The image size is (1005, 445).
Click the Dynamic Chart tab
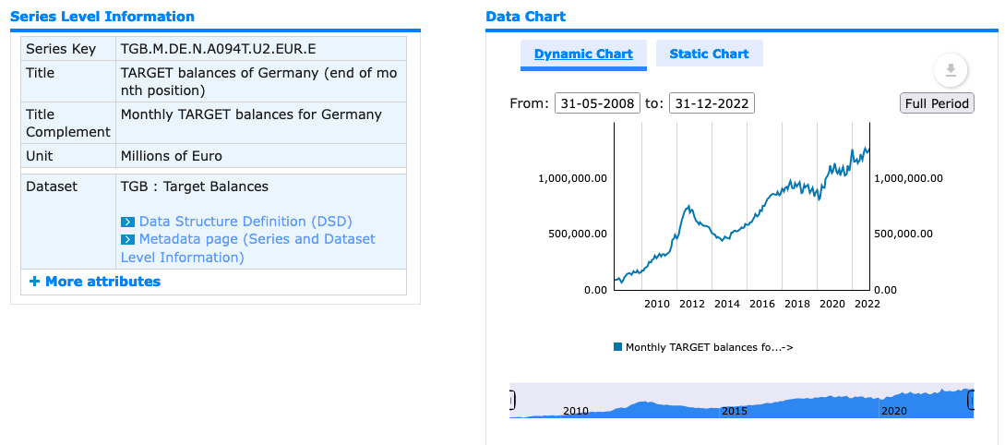pos(583,54)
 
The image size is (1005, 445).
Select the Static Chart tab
pos(709,54)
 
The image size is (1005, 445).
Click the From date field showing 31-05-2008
pos(597,103)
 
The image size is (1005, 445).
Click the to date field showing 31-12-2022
pos(712,103)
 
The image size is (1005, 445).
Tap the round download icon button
pos(951,70)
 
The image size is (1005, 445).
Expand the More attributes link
pos(95,282)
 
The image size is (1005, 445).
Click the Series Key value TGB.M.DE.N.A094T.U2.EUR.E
pos(219,49)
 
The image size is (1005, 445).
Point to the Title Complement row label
pos(68,123)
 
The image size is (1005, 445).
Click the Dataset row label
pos(52,186)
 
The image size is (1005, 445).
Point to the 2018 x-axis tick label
pos(797,304)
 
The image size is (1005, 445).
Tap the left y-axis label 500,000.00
pos(578,234)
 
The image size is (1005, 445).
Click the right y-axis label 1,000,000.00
pos(909,178)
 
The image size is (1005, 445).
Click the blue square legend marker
pos(618,347)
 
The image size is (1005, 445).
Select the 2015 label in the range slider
pos(735,410)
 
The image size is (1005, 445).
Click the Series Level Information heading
pos(102,16)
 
